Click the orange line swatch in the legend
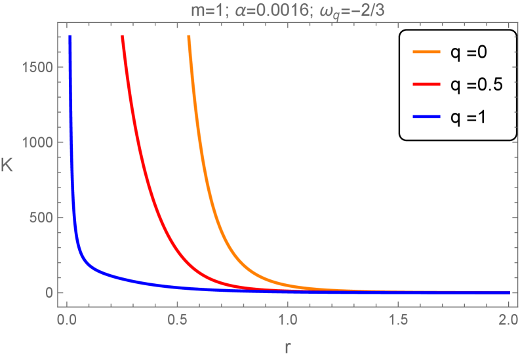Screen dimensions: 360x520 point(425,52)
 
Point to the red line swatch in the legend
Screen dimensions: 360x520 point(425,85)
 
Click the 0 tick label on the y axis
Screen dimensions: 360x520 point(50,292)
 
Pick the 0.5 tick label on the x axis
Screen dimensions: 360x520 point(176,321)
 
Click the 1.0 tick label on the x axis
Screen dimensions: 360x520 point(287,321)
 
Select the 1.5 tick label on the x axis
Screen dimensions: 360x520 point(396,321)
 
